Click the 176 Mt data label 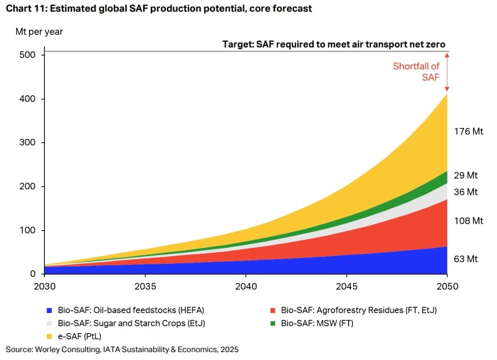pos(468,131)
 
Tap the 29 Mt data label pos(466,175)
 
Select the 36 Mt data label pos(466,191)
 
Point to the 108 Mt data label pos(468,220)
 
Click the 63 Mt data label pos(466,259)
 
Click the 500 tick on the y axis pos(27,54)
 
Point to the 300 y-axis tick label pos(27,142)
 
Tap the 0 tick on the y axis pos(33,274)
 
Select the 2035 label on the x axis pos(145,286)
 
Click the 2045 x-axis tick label pos(346,286)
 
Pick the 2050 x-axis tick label pos(447,286)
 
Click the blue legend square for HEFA pos(49,310)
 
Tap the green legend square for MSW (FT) pos(273,324)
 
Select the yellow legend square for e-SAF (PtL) pos(49,337)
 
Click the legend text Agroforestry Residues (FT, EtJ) pos(377,310)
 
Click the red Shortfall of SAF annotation pos(416,72)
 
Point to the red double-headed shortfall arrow pos(447,72)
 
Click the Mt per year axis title pos(39,32)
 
